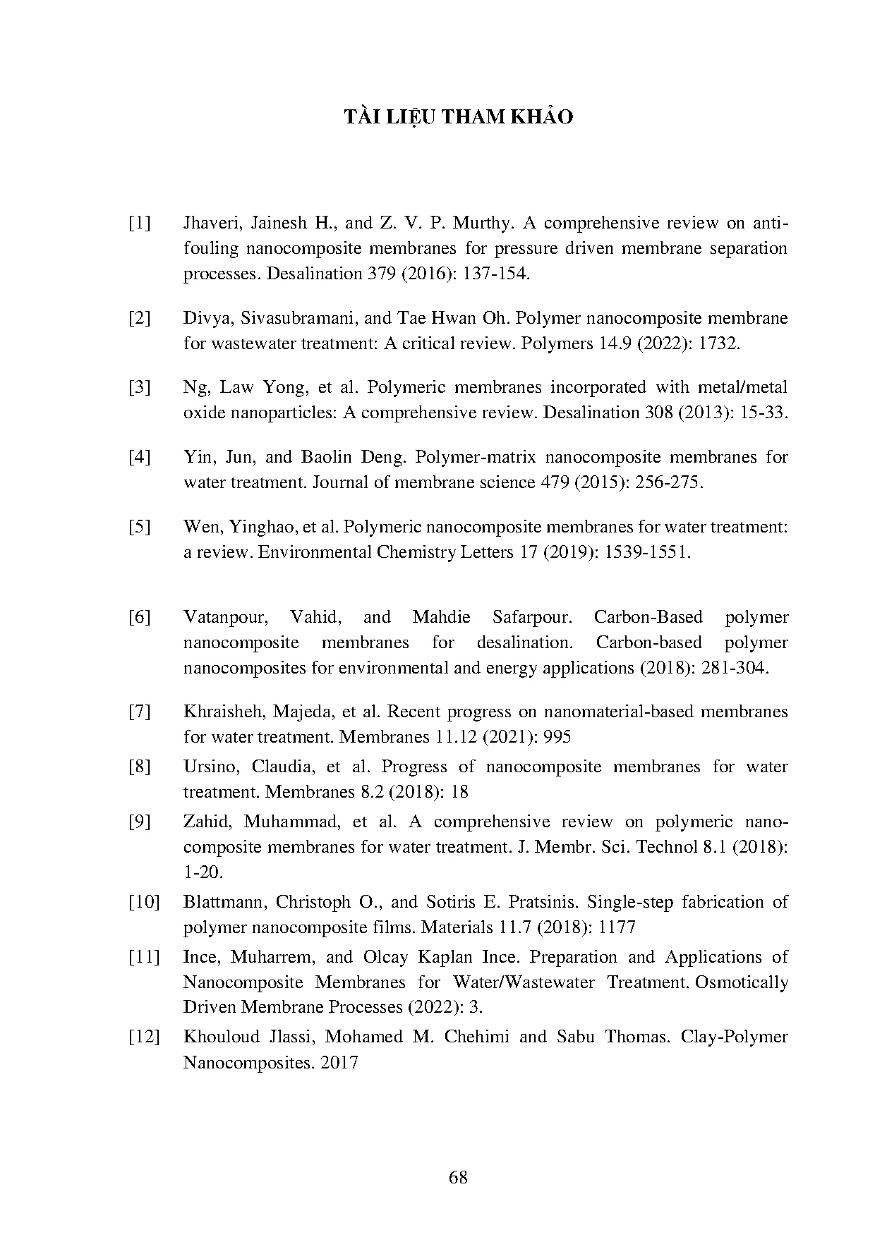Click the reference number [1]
coord(140,224)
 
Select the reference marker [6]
coord(140,617)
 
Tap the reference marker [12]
coord(144,1037)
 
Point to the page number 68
coord(458,1177)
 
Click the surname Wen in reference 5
coord(200,527)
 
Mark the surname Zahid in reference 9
coord(207,822)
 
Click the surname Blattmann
coord(224,902)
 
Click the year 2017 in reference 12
coord(339,1062)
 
